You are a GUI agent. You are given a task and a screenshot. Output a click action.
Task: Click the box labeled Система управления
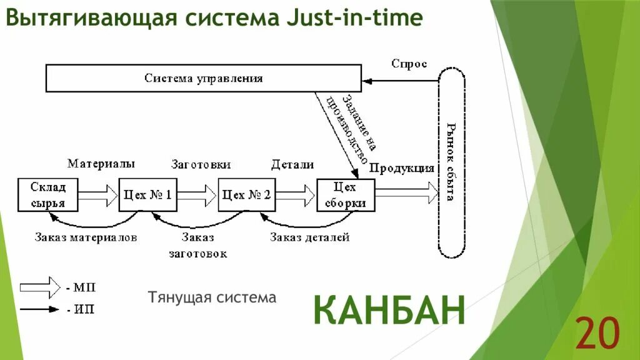pyautogui.click(x=203, y=79)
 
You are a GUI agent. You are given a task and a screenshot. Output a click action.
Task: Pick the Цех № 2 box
pyautogui.click(x=246, y=195)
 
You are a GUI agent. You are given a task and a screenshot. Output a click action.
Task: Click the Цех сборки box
pyautogui.click(x=345, y=195)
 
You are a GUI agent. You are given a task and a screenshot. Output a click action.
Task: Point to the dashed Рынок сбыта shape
pyautogui.click(x=451, y=162)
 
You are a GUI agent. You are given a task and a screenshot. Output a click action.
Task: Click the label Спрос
pyautogui.click(x=409, y=64)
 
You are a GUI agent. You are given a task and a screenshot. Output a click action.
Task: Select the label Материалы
pyautogui.click(x=101, y=164)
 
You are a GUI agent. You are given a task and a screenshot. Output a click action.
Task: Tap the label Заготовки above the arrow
pyautogui.click(x=201, y=164)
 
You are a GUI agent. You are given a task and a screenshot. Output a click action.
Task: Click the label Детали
pyautogui.click(x=292, y=164)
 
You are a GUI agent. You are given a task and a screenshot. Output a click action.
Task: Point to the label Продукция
pyautogui.click(x=401, y=167)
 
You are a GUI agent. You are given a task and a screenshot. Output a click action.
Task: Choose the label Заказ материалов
pyautogui.click(x=86, y=237)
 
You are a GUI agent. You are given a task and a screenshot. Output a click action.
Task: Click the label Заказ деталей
pyautogui.click(x=309, y=237)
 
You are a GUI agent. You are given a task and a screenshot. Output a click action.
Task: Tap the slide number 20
pyautogui.click(x=597, y=332)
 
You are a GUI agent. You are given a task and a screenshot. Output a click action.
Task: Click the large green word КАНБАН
pyautogui.click(x=389, y=309)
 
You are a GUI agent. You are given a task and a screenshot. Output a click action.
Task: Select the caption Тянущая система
pyautogui.click(x=212, y=297)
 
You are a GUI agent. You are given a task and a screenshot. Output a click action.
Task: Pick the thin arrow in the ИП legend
pyautogui.click(x=39, y=309)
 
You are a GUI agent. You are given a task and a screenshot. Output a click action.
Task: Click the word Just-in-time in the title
pyautogui.click(x=354, y=18)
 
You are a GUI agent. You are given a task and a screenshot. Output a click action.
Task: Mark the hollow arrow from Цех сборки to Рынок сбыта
pyautogui.click(x=406, y=192)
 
